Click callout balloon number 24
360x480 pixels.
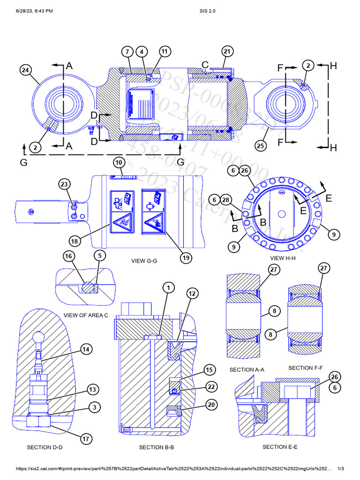[x=26, y=70]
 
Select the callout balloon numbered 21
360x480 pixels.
[x=227, y=51]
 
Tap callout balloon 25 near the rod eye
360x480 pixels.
[x=261, y=146]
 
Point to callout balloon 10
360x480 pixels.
[x=119, y=163]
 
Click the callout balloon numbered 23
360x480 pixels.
[x=65, y=184]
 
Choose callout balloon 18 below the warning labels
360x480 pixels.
[x=75, y=241]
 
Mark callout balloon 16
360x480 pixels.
[x=69, y=255]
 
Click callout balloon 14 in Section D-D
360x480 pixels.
[x=85, y=349]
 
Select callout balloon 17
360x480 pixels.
[x=85, y=439]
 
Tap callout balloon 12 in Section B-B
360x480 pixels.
[x=192, y=293]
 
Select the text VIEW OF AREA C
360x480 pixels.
[x=86, y=315]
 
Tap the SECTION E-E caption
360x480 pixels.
[x=280, y=447]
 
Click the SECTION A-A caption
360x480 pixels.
[x=247, y=369]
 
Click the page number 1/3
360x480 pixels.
[x=341, y=469]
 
